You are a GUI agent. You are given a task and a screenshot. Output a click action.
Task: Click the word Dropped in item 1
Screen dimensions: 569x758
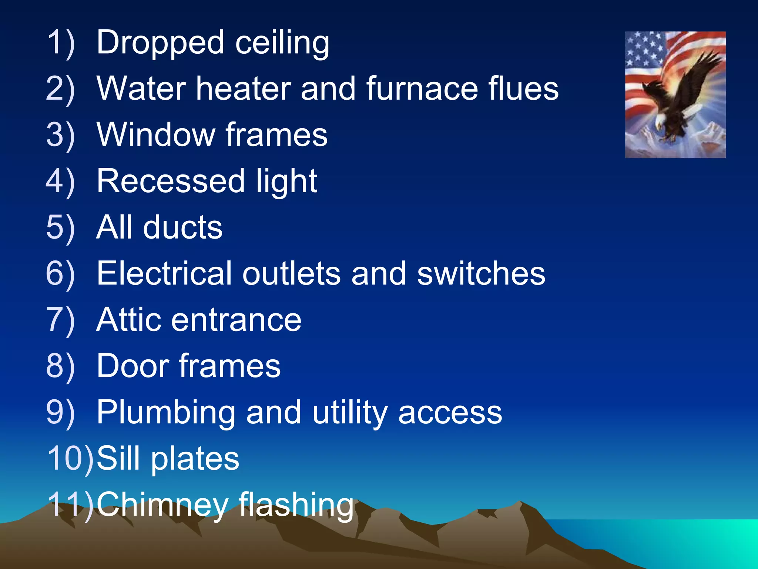click(x=160, y=43)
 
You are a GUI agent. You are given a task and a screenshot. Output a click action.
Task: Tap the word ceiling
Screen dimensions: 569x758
click(x=282, y=43)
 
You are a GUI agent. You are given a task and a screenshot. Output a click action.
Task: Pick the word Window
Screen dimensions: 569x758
click(x=155, y=134)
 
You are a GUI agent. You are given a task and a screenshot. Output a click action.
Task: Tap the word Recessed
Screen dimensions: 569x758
click(x=170, y=181)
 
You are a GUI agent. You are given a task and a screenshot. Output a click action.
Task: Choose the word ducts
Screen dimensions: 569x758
click(x=183, y=227)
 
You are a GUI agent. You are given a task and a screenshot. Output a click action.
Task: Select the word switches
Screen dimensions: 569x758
click(x=481, y=273)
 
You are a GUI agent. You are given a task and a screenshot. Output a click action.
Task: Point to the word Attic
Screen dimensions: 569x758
click(x=128, y=320)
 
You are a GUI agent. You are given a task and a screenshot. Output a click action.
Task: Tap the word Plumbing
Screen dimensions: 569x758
click(x=165, y=412)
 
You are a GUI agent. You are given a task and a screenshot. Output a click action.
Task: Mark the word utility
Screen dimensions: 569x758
click(x=349, y=412)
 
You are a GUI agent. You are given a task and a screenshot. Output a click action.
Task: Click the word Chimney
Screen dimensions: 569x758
click(x=162, y=505)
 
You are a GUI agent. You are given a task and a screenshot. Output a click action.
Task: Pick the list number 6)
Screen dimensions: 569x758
click(x=60, y=273)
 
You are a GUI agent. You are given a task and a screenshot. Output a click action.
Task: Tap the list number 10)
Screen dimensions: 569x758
click(x=70, y=459)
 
